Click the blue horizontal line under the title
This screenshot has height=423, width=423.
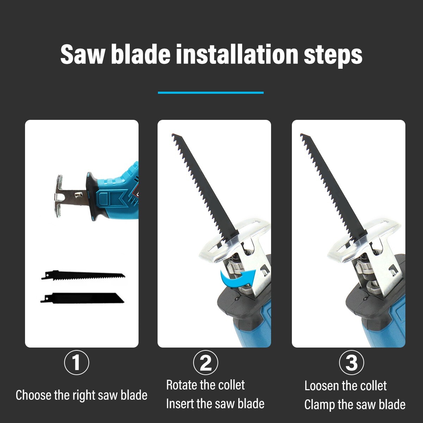[211, 93]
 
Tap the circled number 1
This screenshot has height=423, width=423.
[76, 363]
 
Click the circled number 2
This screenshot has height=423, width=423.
[206, 363]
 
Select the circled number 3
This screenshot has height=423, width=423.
[351, 363]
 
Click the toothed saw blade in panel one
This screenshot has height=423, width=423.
[83, 276]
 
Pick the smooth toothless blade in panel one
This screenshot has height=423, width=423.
[82, 298]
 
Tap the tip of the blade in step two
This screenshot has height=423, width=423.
[172, 134]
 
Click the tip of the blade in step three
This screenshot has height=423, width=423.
[301, 134]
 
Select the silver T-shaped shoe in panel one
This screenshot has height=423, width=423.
[58, 196]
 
